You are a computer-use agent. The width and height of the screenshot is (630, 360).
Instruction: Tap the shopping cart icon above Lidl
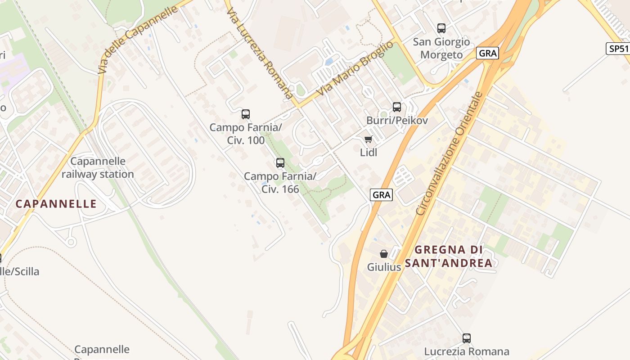[369, 139]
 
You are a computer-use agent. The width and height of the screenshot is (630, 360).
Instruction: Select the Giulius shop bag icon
[384, 254]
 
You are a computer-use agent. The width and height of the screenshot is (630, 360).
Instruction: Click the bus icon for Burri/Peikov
[396, 107]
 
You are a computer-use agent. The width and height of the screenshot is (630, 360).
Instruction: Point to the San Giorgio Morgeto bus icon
[441, 28]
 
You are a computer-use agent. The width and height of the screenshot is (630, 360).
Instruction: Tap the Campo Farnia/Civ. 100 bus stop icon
[246, 114]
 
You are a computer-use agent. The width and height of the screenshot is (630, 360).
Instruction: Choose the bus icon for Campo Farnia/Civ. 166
[280, 163]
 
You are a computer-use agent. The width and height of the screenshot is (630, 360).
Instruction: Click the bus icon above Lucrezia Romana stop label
[467, 338]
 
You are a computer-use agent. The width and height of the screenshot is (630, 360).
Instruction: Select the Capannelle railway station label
[98, 168]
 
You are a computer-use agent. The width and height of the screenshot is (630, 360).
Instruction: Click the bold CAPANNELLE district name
[56, 204]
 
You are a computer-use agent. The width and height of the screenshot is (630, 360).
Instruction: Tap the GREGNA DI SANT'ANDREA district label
[449, 256]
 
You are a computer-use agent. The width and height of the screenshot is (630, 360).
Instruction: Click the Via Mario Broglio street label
[355, 68]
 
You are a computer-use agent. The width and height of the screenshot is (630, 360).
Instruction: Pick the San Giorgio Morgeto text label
[441, 48]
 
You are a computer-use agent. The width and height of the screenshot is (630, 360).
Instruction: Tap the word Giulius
[384, 267]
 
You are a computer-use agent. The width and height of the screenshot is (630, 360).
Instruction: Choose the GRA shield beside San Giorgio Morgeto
[488, 53]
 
